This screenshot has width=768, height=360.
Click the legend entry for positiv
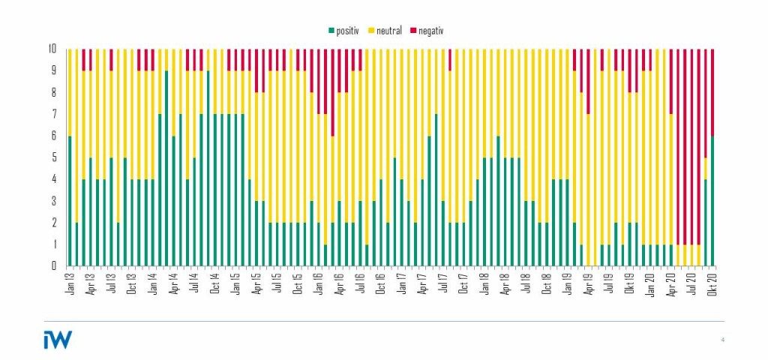(346, 31)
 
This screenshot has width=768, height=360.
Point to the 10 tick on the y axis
(52, 49)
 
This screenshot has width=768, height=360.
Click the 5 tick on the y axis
(53, 158)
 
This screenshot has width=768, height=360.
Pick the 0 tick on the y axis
(53, 266)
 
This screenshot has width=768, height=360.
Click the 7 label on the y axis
(53, 115)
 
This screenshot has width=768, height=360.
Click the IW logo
(57, 339)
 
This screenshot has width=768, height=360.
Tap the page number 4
(722, 340)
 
